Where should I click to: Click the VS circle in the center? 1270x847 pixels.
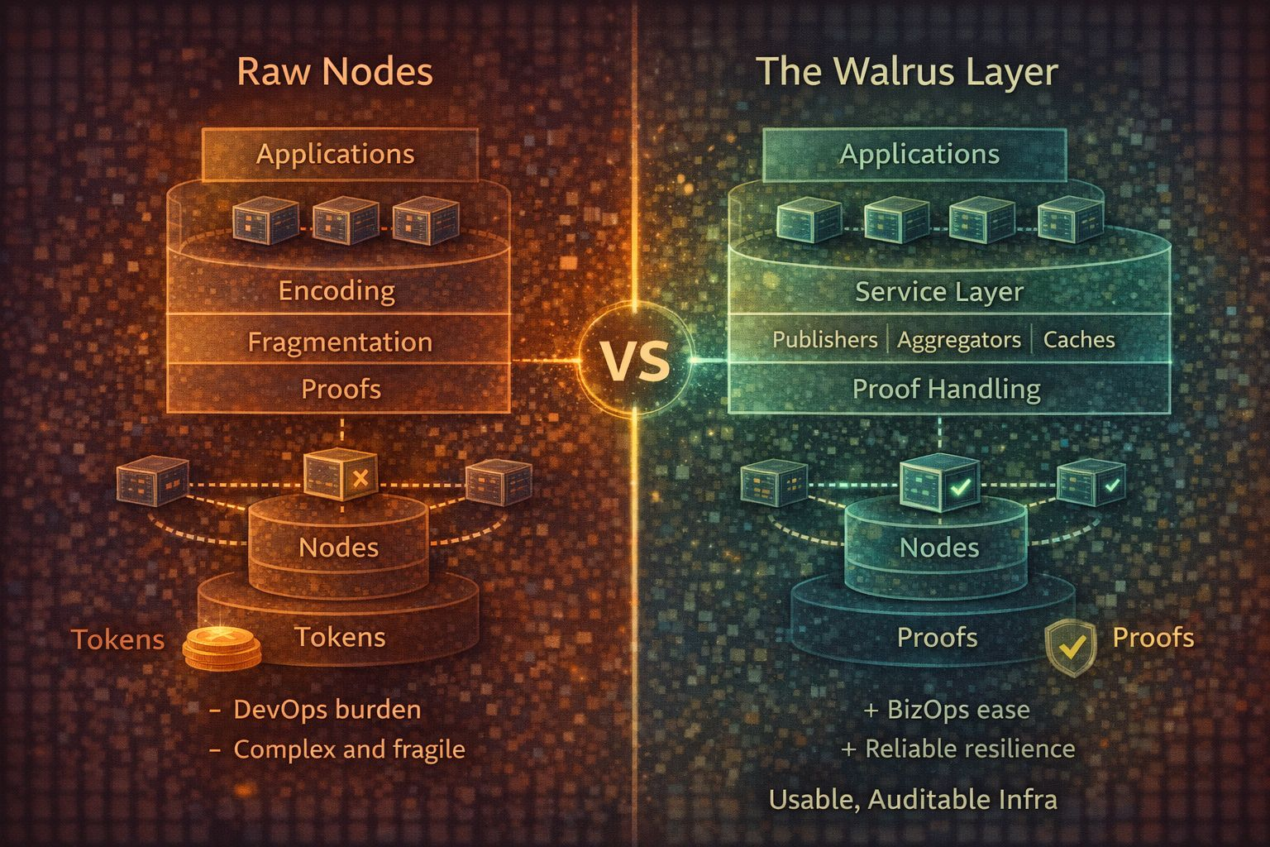[635, 361]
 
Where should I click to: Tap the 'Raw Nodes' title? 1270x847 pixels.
[335, 71]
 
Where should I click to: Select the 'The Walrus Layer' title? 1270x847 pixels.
[907, 71]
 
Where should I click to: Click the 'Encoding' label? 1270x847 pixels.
[337, 290]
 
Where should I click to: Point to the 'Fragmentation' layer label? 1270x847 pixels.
[340, 342]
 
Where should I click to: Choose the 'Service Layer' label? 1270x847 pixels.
[939, 291]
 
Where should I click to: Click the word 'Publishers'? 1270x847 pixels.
[824, 340]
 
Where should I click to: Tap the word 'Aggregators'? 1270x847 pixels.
[959, 340]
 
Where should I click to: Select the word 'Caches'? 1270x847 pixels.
[1079, 340]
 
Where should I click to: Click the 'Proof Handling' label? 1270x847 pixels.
[946, 389]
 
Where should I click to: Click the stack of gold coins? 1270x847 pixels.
[222, 647]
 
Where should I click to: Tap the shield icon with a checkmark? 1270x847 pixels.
[1071, 648]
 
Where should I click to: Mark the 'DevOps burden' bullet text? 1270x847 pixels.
[327, 710]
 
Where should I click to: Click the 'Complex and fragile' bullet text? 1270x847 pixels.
[349, 749]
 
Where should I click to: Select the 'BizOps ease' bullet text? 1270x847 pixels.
[957, 710]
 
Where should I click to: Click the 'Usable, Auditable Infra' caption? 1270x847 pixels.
[913, 799]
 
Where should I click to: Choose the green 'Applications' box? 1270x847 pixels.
[919, 155]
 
